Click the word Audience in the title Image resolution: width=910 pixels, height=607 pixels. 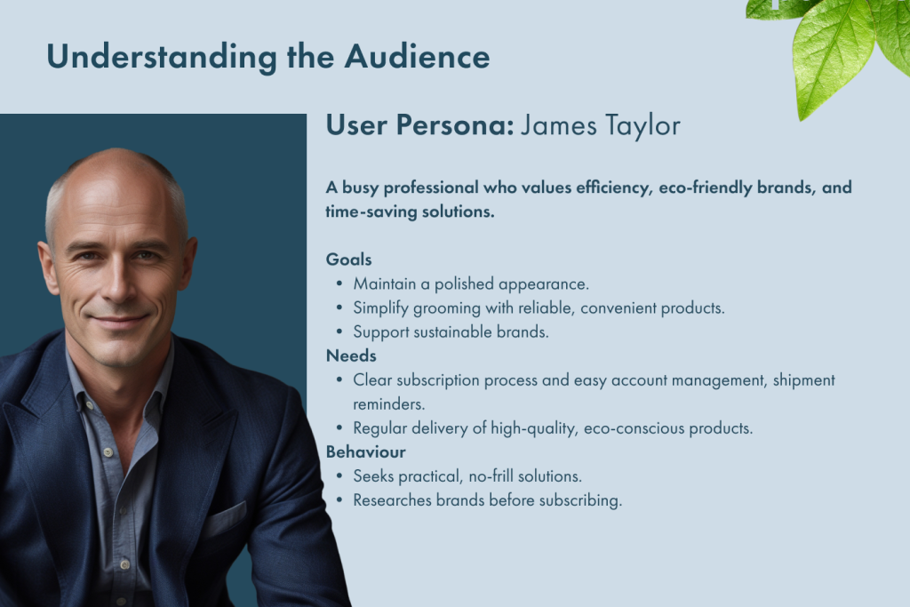(418, 57)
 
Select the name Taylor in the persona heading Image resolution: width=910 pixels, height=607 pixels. (643, 126)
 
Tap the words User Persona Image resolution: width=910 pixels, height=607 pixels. (420, 125)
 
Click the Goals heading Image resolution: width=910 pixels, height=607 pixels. (348, 260)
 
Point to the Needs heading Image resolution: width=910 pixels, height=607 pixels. (351, 355)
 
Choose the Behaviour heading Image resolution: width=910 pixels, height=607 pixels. (365, 452)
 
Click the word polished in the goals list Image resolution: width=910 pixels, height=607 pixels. (464, 284)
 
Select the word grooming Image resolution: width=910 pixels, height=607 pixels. (447, 308)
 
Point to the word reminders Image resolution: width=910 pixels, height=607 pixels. (389, 404)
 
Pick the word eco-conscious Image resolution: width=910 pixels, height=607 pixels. (635, 429)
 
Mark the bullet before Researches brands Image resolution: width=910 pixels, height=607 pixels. (339, 500)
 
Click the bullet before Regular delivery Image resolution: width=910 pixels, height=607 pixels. (339, 428)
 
